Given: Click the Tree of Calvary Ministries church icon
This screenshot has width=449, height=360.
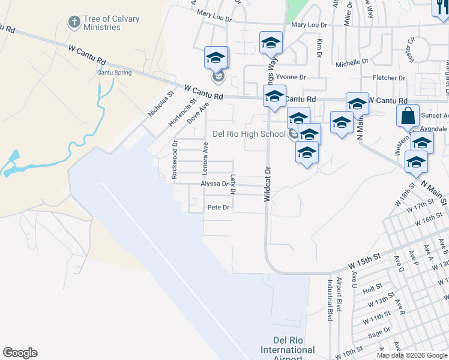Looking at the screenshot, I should tap(74, 23).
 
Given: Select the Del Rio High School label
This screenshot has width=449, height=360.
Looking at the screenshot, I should tap(249, 134).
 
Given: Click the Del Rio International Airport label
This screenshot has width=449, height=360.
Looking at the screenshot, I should tap(288, 350).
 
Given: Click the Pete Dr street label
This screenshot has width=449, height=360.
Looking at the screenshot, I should tap(218, 208).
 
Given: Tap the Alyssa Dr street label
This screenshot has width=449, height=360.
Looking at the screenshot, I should tap(215, 184).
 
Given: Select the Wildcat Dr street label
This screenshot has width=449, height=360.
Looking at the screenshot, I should tap(268, 180).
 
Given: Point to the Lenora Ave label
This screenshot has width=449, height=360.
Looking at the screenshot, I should tap(205, 157).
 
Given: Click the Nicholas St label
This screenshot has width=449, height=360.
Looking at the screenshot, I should tap(161, 104).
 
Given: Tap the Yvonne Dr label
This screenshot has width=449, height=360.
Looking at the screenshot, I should tap(294, 77).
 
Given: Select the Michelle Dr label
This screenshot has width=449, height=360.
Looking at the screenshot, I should tap(352, 62).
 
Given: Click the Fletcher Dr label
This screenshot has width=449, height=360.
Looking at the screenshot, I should tap(389, 78).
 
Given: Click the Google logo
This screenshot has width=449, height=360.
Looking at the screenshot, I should tap(20, 353).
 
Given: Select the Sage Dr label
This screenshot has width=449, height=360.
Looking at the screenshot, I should tap(379, 333).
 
